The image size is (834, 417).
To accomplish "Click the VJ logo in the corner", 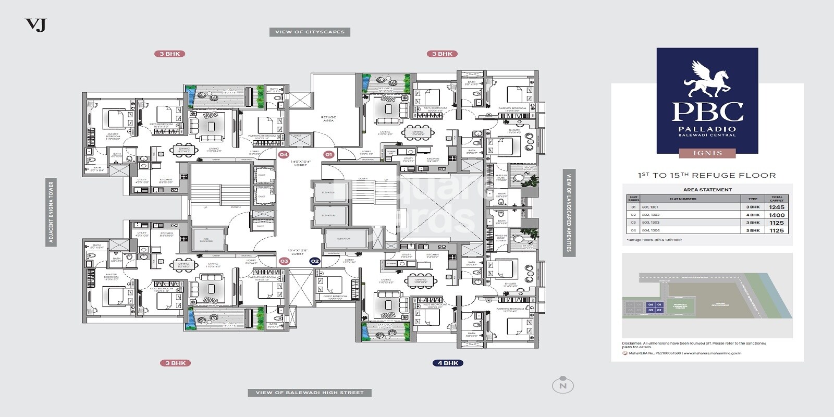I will click(x=35, y=24).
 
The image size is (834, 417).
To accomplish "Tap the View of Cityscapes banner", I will click(x=310, y=32).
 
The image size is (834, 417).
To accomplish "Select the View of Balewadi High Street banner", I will click(x=310, y=393).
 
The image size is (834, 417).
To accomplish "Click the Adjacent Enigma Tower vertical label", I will click(x=51, y=212).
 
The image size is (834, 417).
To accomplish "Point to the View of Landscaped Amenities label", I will click(x=569, y=213).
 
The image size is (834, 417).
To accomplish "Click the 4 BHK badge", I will click(x=447, y=363).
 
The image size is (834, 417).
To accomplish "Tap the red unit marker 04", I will click(x=284, y=154).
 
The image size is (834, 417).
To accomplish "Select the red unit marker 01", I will click(x=328, y=154).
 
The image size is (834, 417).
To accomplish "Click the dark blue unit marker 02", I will click(x=314, y=261).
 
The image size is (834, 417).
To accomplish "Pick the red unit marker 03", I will click(x=284, y=261).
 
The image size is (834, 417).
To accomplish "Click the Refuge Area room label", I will click(x=328, y=119).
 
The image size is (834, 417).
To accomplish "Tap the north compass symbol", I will click(x=562, y=385).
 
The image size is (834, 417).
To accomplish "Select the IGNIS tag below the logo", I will click(x=707, y=153).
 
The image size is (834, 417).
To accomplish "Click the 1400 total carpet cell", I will click(x=776, y=215).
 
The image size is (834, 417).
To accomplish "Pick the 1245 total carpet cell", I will click(x=776, y=207).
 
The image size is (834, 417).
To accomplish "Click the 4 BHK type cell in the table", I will click(x=753, y=215).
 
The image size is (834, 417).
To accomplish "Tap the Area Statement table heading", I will click(x=707, y=190).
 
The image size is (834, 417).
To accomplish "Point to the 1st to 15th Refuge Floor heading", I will click(x=707, y=176).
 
